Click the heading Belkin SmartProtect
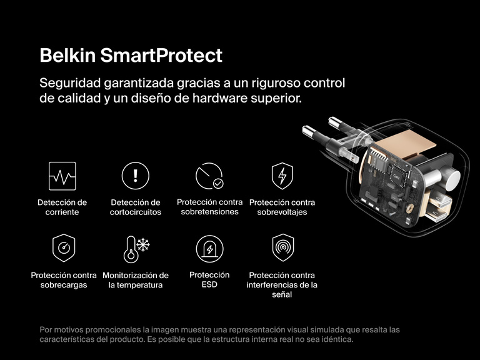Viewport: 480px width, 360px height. (x=131, y=55)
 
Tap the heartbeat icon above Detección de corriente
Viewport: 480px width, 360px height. (x=62, y=176)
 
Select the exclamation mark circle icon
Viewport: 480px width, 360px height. (x=136, y=176)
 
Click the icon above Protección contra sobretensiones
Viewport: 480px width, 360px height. (x=209, y=176)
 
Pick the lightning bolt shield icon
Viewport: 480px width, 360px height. (x=282, y=176)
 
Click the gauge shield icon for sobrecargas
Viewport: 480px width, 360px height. (x=63, y=249)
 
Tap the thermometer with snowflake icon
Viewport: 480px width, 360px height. (x=136, y=249)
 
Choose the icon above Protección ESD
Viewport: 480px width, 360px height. (x=209, y=249)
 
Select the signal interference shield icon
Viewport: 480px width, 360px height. (x=282, y=249)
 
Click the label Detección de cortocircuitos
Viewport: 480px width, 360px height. (x=136, y=207)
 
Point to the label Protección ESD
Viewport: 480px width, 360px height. (x=209, y=280)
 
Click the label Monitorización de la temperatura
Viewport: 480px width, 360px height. (x=136, y=280)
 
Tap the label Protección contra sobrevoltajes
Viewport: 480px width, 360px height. (x=282, y=207)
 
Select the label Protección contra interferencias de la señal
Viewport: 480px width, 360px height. (x=282, y=284)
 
